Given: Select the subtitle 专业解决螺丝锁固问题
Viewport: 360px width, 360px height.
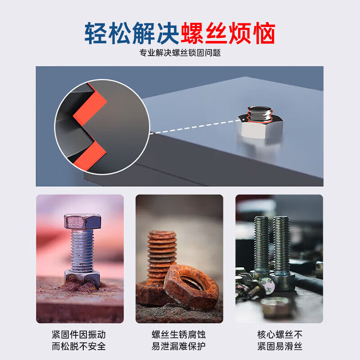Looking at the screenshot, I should tap(180, 53).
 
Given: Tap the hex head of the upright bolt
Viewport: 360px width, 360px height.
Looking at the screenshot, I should tap(82, 221).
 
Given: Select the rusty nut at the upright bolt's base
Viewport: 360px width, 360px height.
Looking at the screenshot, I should tap(82, 279).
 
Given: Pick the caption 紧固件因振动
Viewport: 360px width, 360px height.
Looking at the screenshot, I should tap(79, 335).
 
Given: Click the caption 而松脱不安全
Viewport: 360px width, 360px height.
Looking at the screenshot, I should tap(79, 346).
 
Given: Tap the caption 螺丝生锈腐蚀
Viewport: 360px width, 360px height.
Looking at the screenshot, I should tap(179, 335).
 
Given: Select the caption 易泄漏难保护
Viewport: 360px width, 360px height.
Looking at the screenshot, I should tap(179, 346).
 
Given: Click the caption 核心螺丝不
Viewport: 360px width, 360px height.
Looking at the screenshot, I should tap(279, 335).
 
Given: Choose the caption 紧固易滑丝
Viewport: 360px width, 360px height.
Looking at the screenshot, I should tap(279, 346).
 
